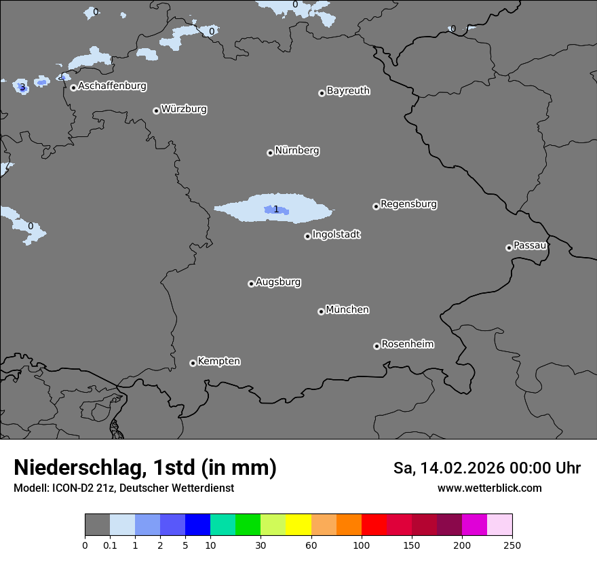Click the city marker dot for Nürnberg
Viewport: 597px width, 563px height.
tap(270, 153)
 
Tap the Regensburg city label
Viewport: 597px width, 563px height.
tap(408, 204)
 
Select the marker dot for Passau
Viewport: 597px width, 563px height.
tap(509, 248)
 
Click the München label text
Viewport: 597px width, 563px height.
tap(347, 310)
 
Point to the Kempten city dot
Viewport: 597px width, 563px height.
tap(193, 363)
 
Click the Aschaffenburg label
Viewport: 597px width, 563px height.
tap(112, 86)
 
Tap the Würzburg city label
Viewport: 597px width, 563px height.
tap(184, 109)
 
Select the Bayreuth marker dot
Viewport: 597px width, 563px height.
tap(322, 93)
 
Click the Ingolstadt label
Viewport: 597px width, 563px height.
tap(336, 235)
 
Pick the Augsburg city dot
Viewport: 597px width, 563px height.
tap(251, 284)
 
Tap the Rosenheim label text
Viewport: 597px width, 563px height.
tap(407, 345)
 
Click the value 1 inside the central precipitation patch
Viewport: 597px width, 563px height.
tap(276, 209)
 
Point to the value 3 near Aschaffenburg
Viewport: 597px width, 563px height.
tap(22, 87)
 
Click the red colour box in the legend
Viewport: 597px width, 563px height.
tap(374, 525)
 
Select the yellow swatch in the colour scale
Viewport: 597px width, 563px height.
tap(298, 525)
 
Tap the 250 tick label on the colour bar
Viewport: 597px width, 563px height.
tap(512, 545)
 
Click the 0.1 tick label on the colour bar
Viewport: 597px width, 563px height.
tap(110, 545)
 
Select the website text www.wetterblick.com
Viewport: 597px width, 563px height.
tap(489, 488)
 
